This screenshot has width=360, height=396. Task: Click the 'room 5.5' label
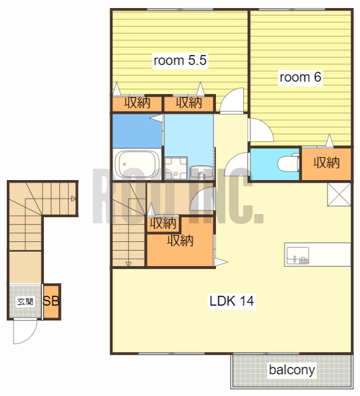(180, 61)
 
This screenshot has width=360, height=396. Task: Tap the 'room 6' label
(300, 77)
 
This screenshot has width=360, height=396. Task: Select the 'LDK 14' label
(232, 301)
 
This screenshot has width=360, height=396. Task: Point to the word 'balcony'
(292, 370)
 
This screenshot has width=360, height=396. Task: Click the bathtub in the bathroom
(137, 164)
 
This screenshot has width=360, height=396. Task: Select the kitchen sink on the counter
(298, 256)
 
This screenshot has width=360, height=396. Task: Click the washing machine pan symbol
(176, 168)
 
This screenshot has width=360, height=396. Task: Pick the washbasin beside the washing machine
(201, 172)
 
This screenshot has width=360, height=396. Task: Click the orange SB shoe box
(52, 301)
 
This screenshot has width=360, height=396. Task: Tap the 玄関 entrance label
(25, 301)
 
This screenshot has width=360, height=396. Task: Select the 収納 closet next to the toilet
(326, 163)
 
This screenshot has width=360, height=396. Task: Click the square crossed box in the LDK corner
(339, 194)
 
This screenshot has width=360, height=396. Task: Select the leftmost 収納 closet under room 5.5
(137, 103)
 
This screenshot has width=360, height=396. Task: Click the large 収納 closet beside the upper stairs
(180, 241)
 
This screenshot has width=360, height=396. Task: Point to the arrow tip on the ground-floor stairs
(75, 199)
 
